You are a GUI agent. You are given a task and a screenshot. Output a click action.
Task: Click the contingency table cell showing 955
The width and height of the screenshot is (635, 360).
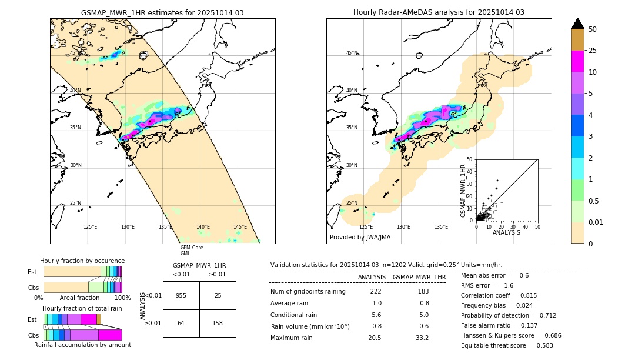click(x=181, y=295)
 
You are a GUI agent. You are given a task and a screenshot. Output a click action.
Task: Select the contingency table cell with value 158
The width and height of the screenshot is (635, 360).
click(x=218, y=323)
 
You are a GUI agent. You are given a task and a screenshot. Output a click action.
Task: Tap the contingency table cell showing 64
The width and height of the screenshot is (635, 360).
click(x=181, y=323)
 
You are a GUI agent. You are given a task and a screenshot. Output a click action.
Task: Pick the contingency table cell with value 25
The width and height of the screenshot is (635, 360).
click(x=218, y=295)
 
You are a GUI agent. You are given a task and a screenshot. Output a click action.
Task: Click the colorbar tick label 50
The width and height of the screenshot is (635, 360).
click(x=593, y=29)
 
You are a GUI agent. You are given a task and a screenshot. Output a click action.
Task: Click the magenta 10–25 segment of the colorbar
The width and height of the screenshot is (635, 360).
click(x=578, y=61)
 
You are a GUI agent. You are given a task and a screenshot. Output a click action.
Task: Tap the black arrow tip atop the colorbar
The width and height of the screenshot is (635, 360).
click(x=578, y=22)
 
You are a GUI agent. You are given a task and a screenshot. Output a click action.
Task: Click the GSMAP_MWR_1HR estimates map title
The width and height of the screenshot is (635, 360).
click(x=162, y=12)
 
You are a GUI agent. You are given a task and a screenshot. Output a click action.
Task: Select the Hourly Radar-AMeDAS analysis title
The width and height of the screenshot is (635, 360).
click(x=439, y=12)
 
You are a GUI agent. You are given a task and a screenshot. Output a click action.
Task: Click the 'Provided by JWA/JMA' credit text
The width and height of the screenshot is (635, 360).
click(x=360, y=237)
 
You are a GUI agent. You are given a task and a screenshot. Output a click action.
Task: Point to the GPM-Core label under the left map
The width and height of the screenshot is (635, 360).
click(x=192, y=248)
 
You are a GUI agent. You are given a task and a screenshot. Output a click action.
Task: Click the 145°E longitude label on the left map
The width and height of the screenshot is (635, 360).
click(x=240, y=227)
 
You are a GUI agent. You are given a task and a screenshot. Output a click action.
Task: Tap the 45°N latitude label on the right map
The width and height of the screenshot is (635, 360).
click(x=352, y=53)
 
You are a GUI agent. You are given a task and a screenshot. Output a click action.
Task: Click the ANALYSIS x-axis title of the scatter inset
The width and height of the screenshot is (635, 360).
click(x=506, y=233)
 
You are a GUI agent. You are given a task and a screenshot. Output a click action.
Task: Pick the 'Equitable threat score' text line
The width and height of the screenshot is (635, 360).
click(x=507, y=345)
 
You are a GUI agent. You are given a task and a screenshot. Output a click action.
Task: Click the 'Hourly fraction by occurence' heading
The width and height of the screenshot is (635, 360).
click(x=82, y=261)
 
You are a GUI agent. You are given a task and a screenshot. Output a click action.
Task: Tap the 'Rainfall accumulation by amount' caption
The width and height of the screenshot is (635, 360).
click(x=82, y=345)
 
